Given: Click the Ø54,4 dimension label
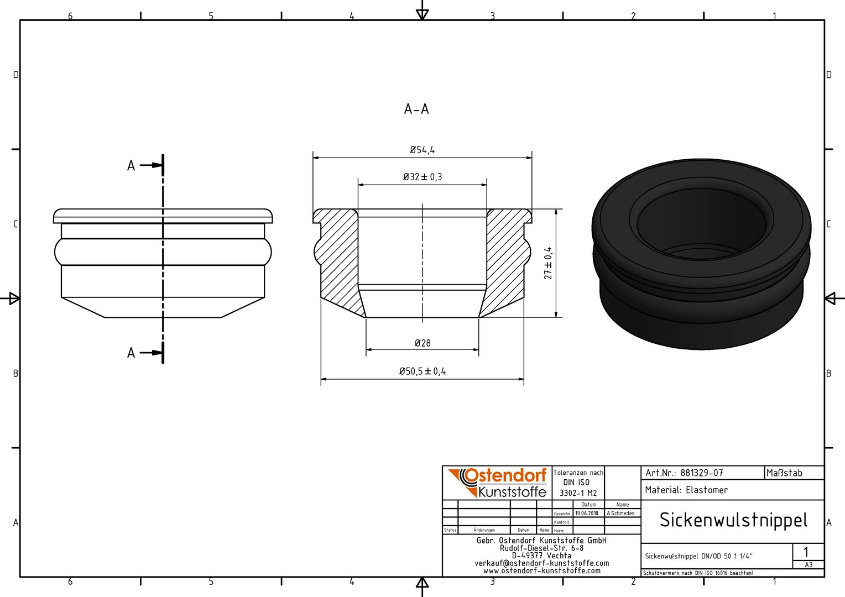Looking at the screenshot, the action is pyautogui.click(x=422, y=150).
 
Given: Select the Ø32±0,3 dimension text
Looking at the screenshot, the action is pyautogui.click(x=422, y=177).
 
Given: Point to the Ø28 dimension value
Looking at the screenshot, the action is pyautogui.click(x=422, y=343).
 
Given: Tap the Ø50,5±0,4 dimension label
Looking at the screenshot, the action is pyautogui.click(x=422, y=371).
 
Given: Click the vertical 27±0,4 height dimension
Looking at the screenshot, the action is pyautogui.click(x=548, y=263).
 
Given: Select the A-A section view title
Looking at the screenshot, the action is pyautogui.click(x=416, y=109).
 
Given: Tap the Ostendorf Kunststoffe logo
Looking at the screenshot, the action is pyautogui.click(x=497, y=483).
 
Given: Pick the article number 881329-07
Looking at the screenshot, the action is pyautogui.click(x=702, y=473).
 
